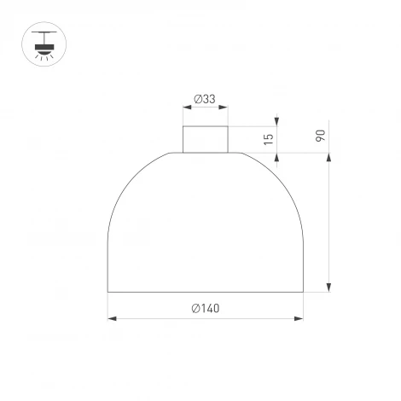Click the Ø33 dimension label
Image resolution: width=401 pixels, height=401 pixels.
coord(204,99)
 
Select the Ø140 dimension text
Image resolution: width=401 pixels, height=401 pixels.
coord(205,309)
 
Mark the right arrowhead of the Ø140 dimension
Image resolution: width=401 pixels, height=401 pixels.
coord(300,319)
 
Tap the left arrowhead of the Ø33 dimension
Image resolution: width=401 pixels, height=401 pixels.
coord(186,108)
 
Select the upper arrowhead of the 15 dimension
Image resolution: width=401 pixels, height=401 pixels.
coord(276,122)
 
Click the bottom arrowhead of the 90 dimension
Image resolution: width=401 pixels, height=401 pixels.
coord(328,288)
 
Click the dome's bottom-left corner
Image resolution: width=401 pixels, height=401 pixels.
coord(108,292)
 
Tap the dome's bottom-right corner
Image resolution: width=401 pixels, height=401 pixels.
coord(303,292)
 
